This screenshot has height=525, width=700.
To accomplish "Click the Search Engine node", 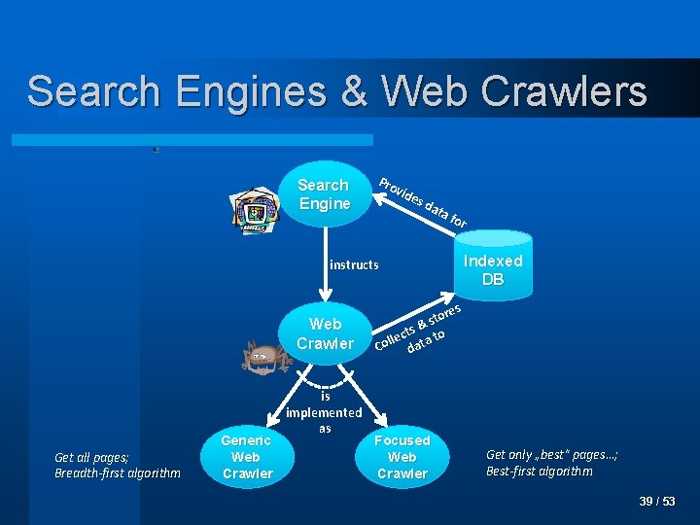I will point(324,194).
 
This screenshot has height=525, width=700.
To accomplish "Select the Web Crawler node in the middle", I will point(325,333).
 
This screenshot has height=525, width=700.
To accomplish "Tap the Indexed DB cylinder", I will point(493,263).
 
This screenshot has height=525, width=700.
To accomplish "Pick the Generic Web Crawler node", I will point(246,457).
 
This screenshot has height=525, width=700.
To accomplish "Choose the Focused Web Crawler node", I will point(402,457).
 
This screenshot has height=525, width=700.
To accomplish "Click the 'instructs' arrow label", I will point(354,264).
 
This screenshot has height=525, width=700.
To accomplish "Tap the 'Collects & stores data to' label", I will point(419,329).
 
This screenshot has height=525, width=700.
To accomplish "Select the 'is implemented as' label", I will point(325,412).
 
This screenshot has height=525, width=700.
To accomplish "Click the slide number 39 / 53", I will point(657,502).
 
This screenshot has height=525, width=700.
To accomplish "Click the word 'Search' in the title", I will point(93,91).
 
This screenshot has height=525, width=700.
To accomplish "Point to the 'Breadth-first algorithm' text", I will point(118,473).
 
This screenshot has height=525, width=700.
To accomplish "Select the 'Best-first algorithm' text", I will point(539,472).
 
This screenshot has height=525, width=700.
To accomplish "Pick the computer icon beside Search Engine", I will point(254,211).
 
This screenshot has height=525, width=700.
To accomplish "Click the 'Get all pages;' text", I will point(91,457).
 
